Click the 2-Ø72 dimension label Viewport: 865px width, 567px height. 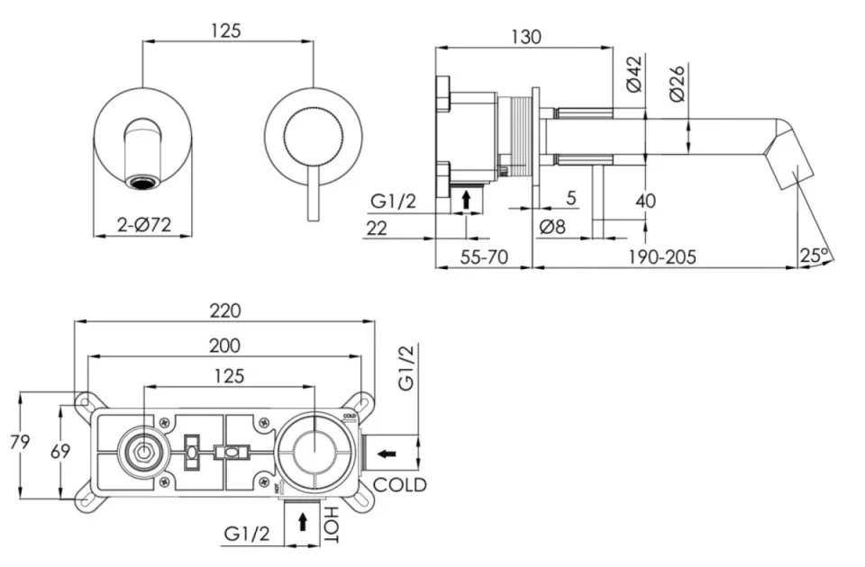144,226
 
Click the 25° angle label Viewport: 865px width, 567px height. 814,256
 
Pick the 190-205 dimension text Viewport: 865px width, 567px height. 663,256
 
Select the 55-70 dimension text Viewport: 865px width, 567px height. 484,256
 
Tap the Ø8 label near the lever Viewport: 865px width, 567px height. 552,227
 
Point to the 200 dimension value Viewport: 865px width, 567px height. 224,346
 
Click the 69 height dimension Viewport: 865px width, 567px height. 59,452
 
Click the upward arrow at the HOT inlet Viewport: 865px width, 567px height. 302,520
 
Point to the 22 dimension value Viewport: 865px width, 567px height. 377,228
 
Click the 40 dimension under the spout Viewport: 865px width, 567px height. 645,201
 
